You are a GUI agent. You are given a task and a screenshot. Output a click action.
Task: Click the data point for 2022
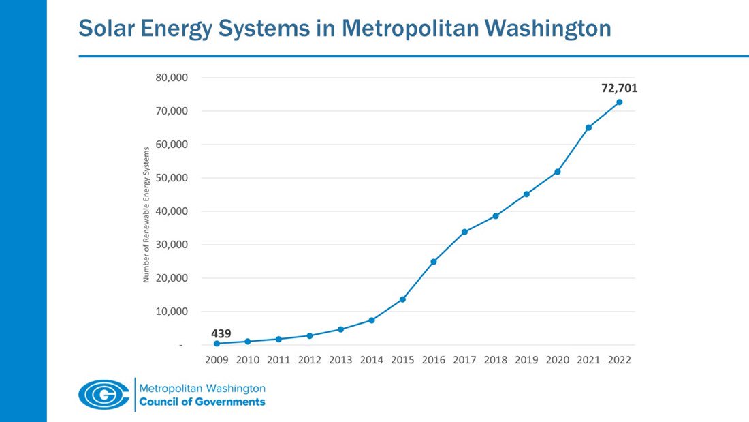[x=619, y=102]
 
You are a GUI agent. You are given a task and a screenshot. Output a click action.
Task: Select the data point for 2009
[x=217, y=344]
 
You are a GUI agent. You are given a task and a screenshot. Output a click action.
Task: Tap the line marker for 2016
[x=433, y=262]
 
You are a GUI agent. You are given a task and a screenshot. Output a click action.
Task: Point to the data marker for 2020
[x=558, y=172]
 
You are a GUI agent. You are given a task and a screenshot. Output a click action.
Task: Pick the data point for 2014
[x=371, y=320]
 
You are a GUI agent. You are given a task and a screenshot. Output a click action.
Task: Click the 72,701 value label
[x=618, y=88]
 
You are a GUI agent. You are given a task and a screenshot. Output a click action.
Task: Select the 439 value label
[x=221, y=333]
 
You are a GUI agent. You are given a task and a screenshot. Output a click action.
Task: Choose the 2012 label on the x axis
[x=309, y=360]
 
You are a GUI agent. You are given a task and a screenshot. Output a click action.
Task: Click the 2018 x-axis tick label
[x=495, y=360]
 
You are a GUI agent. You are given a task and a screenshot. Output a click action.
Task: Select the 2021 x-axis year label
[x=588, y=360]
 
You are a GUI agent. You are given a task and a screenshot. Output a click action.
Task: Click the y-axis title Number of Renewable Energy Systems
[x=146, y=214]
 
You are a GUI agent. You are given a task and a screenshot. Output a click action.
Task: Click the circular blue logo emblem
[x=103, y=394]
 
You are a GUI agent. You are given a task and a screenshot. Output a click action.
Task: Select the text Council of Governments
[x=202, y=402]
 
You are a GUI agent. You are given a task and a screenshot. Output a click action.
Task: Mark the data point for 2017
[x=464, y=232]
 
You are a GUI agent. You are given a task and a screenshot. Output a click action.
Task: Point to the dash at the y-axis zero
[x=180, y=346]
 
